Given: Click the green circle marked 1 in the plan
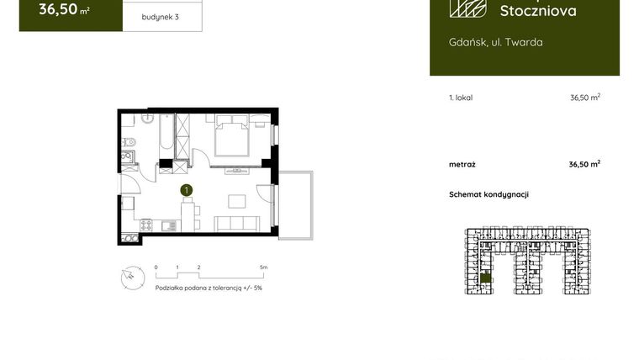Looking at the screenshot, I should point(187,191).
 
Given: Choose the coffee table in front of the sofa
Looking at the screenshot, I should point(237,202).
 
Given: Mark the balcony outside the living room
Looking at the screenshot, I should point(295,204).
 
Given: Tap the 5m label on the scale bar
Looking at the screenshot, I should point(263,267).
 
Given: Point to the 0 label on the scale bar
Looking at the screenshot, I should point(156,267).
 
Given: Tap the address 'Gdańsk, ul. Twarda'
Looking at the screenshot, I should point(495,42).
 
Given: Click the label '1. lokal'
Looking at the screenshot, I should point(461,98).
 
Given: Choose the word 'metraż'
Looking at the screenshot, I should point(462,164).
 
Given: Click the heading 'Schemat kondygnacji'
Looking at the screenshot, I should point(488,194).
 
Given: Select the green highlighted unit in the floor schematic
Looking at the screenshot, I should point(484,278).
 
